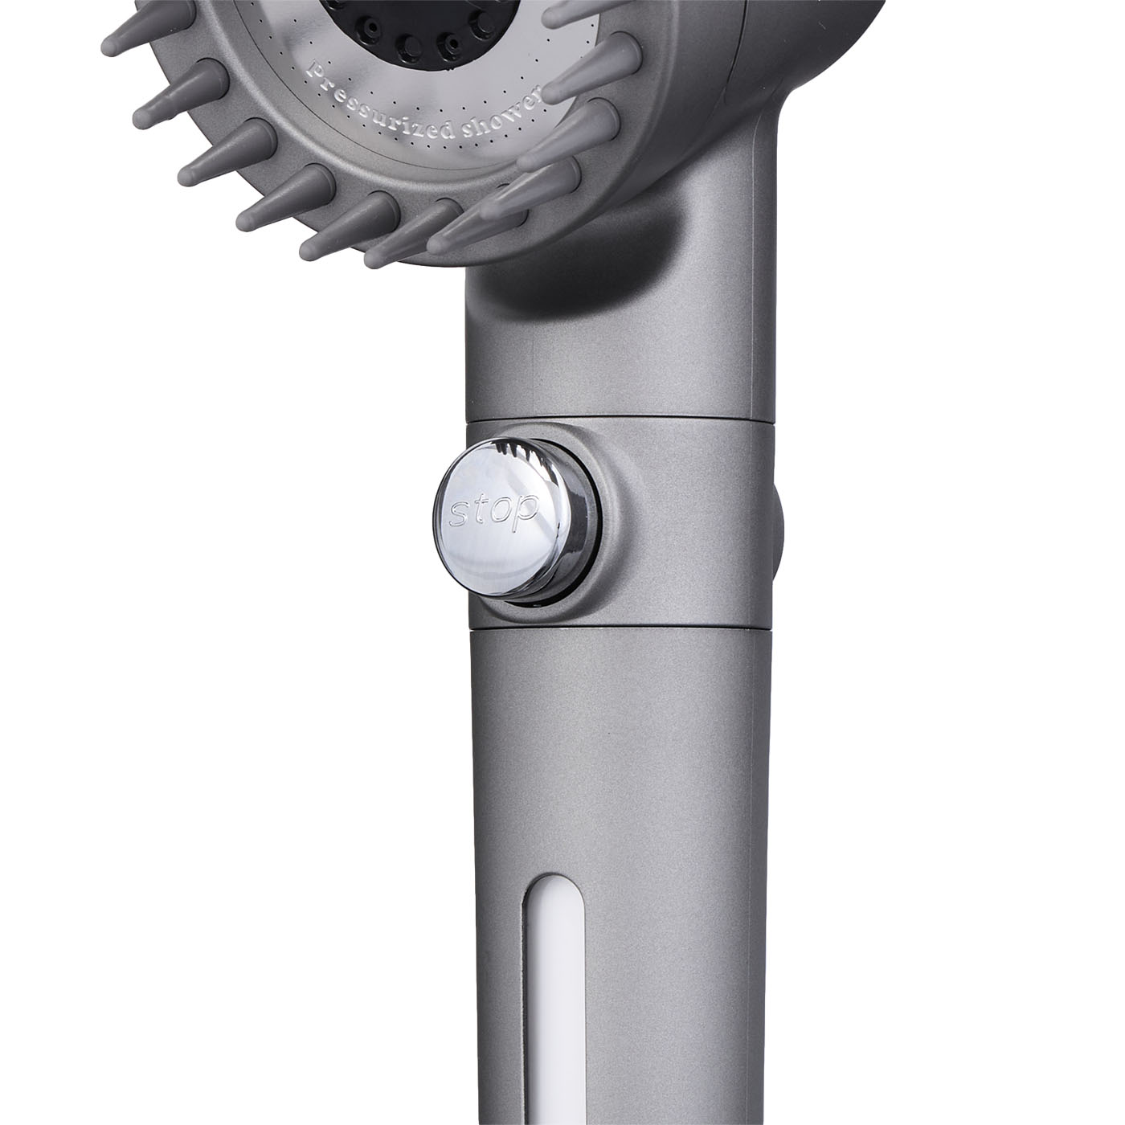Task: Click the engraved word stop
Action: [x=493, y=510]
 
